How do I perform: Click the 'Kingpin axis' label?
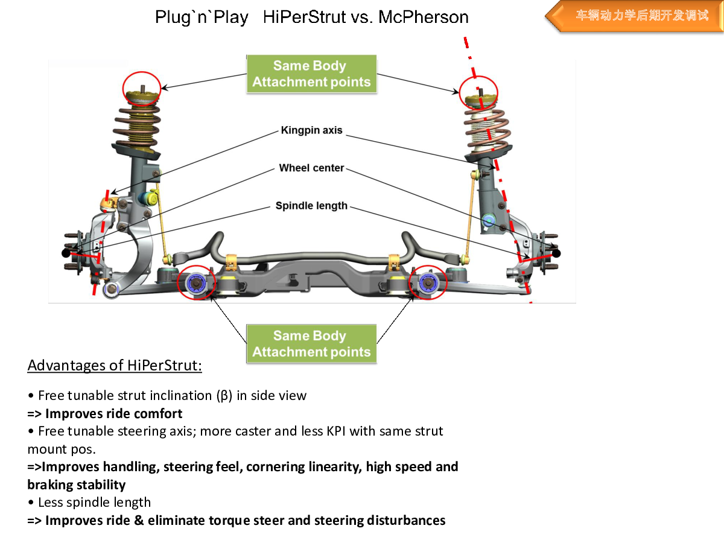point(311,130)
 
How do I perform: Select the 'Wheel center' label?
point(311,168)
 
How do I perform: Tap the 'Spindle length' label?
point(311,206)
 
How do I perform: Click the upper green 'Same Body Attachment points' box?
point(311,74)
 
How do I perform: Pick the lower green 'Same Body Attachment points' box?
point(311,344)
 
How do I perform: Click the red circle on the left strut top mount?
point(142,88)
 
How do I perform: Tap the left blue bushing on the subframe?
point(196,282)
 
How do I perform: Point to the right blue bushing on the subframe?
point(428,282)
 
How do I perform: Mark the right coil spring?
point(486,130)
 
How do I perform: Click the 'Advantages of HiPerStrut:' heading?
point(115,366)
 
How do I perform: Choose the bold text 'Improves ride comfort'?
point(114,414)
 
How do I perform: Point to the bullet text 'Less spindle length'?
point(94,503)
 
